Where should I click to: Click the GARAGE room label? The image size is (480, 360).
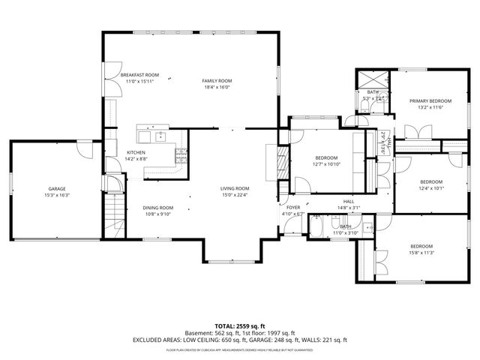pos(57,188)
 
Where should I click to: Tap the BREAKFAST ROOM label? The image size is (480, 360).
pos(140,75)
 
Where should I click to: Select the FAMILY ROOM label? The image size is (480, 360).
pos(217,80)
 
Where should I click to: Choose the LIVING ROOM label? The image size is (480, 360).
pos(234,188)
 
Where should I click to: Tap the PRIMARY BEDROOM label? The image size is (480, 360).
pos(430,100)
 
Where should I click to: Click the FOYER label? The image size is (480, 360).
pos(293,207)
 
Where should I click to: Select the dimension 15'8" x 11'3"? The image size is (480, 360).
pos(421,253)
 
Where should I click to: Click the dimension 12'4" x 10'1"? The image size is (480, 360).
pos(430,188)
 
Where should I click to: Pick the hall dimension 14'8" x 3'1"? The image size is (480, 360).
pos(349,208)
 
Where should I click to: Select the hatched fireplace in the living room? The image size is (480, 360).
pos(282,160)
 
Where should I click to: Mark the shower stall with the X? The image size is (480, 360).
pos(373,79)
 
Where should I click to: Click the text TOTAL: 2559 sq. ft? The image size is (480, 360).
pos(239,326)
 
